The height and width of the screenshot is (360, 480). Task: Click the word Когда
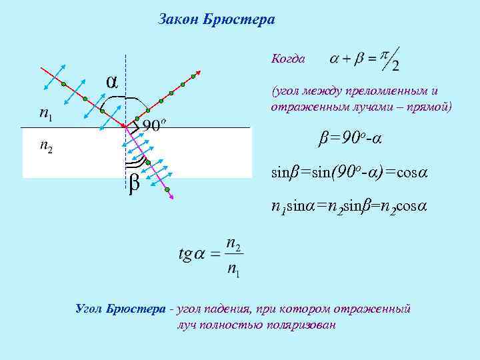(288, 59)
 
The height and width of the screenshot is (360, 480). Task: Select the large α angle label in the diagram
(113, 80)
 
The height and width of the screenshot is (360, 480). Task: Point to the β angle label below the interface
(133, 181)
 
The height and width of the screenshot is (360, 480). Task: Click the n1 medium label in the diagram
(46, 115)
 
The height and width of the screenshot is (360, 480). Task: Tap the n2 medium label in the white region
(46, 146)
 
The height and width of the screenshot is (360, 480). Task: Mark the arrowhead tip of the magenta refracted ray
(174, 198)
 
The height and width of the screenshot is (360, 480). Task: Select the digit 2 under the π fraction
(395, 66)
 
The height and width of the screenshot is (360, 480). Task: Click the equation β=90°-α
(348, 139)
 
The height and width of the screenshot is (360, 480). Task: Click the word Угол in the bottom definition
(89, 309)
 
